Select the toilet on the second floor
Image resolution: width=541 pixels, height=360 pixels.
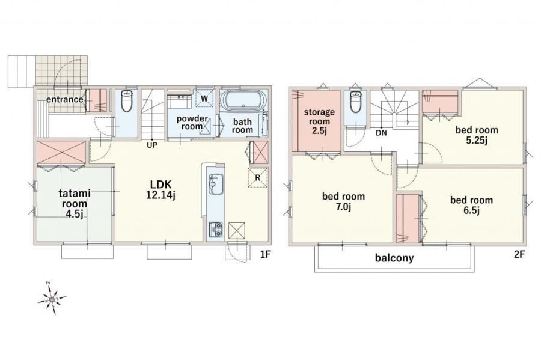(355, 102)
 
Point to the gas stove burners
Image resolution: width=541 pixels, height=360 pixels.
(216, 230)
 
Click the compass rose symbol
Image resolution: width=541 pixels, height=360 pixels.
(52, 299)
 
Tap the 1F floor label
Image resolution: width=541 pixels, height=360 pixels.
(265, 255)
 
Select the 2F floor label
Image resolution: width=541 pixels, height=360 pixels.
(519, 255)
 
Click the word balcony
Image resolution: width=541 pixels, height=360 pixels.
(394, 258)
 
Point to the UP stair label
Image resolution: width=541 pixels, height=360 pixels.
(152, 145)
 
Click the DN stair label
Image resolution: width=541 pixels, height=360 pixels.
(381, 133)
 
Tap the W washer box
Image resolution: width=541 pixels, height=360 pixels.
(204, 99)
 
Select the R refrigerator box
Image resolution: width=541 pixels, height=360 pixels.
(258, 177)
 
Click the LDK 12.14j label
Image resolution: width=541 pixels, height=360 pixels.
(160, 189)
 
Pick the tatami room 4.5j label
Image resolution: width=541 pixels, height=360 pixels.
(74, 204)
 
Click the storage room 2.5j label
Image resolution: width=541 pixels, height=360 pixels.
(319, 122)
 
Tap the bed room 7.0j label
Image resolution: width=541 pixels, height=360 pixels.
(343, 201)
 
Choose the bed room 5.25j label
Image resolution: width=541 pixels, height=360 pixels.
(477, 135)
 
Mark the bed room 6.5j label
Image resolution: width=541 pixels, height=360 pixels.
(471, 205)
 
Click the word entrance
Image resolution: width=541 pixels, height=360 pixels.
(65, 100)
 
